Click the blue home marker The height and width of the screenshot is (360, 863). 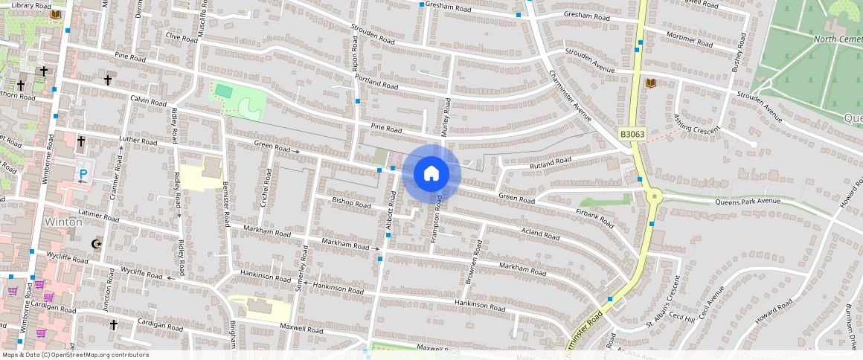coord(431,174)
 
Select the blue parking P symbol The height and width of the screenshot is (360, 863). coord(83,176)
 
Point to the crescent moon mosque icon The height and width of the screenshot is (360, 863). coord(96,242)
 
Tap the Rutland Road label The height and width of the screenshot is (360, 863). coord(551,161)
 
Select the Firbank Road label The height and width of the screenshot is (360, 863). coord(595,217)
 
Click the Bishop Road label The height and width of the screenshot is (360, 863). coord(351,202)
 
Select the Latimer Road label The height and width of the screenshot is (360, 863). coord(98,216)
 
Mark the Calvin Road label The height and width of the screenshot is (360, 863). coord(148,100)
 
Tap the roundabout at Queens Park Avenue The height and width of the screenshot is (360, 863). coord(655,197)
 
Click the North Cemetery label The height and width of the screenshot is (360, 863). coord(838,39)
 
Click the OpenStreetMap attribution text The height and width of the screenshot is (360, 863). coord(76,355)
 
